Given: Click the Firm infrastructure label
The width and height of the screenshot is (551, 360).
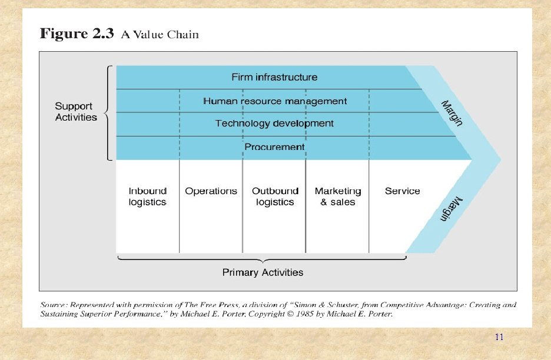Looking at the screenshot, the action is click(274, 77).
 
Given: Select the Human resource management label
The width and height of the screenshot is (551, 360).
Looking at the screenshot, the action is click(275, 101).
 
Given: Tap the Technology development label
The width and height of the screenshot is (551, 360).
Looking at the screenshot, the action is click(274, 124).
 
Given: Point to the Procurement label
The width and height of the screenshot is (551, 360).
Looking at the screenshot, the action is click(274, 146).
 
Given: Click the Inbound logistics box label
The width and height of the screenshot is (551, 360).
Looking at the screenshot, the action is click(148, 196).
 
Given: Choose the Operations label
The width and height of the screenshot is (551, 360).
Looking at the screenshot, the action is click(211, 191).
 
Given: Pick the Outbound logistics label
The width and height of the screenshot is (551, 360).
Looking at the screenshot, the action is click(275, 196).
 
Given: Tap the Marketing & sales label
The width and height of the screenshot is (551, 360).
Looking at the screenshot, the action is click(338, 196).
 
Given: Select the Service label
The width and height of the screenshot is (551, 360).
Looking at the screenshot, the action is click(402, 191).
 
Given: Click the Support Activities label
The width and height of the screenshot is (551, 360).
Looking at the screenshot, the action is click(76, 112).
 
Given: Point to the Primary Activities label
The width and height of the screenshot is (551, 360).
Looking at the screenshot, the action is click(263, 272).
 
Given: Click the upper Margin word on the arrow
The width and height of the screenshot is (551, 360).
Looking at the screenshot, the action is click(452, 113).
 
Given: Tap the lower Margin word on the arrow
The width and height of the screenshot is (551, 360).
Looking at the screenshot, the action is click(452, 209).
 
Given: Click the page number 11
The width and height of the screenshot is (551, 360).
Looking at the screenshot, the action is click(499, 337).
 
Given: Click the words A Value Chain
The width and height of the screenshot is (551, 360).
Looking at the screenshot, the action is click(160, 35).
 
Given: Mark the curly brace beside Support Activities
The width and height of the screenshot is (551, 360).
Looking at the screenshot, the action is click(108, 112).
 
